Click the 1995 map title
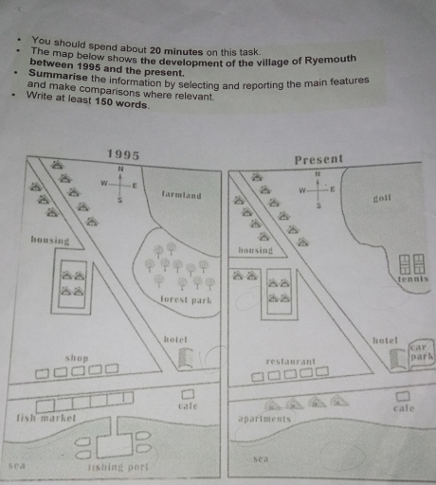point(122,153)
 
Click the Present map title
point(319,159)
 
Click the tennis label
point(413,279)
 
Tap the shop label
point(77,358)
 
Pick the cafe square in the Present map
point(403,394)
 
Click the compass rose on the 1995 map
point(121,184)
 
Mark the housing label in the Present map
point(255,251)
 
